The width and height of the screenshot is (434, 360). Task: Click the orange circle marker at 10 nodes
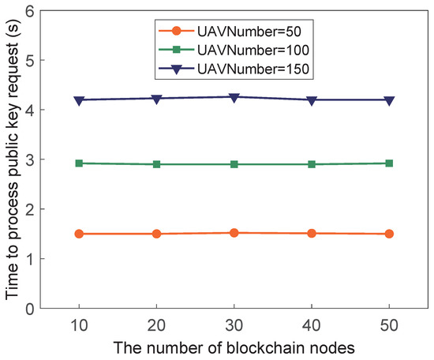click(x=79, y=234)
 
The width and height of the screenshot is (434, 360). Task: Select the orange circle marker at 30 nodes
click(x=234, y=233)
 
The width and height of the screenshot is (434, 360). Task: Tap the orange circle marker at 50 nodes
click(x=389, y=234)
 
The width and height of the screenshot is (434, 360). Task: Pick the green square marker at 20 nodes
click(x=156, y=164)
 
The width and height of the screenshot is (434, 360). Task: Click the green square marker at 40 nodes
click(x=312, y=164)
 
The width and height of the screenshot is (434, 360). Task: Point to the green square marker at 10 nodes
click(x=79, y=163)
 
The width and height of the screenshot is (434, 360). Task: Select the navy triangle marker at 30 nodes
click(x=234, y=97)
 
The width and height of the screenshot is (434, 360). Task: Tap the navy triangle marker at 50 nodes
click(x=389, y=100)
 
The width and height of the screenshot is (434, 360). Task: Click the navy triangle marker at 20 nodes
click(x=156, y=99)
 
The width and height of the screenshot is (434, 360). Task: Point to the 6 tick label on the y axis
click(x=29, y=11)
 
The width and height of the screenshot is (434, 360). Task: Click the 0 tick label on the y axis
click(x=29, y=309)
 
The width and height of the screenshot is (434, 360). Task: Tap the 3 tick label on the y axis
click(x=29, y=159)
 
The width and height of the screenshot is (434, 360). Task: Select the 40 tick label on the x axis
click(x=312, y=324)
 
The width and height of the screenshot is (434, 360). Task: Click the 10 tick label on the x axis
click(x=79, y=324)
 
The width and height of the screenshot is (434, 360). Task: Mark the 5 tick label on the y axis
click(x=29, y=61)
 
